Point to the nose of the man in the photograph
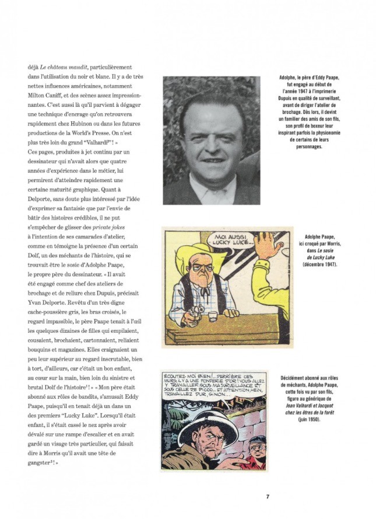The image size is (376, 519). click(x=212, y=142)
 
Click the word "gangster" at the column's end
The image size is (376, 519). click(x=43, y=462)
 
